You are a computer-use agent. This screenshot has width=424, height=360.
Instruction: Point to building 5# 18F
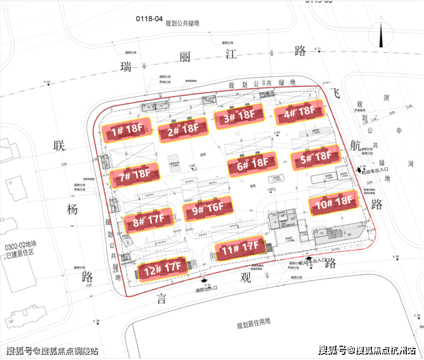click(x=315, y=156)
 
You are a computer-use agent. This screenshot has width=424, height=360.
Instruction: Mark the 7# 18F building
click(x=134, y=174)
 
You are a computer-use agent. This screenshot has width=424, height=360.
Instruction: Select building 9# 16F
click(x=207, y=209)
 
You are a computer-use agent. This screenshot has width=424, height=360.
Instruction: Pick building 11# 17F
click(x=240, y=248)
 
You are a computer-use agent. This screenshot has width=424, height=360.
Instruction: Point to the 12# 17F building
click(x=162, y=267)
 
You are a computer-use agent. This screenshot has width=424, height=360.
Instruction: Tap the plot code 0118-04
click(x=147, y=18)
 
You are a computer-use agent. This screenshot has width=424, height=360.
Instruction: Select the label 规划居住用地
click(x=257, y=326)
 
